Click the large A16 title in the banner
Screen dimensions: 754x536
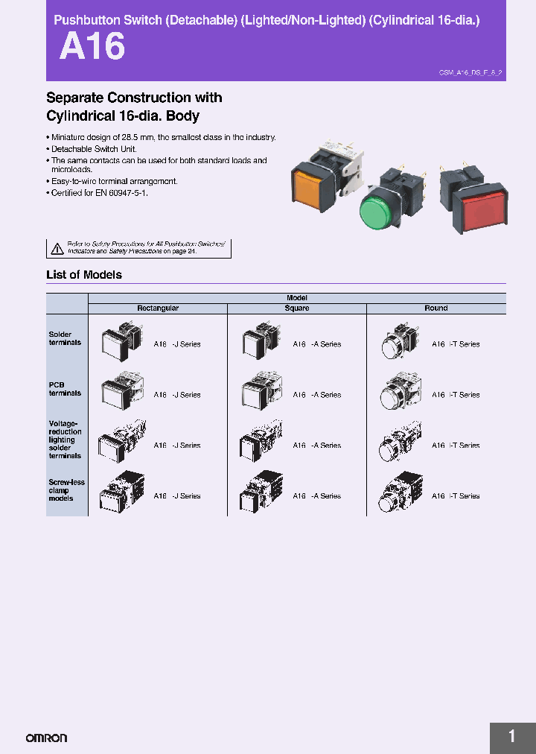[x=92, y=47]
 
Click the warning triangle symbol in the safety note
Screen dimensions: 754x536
[x=57, y=249]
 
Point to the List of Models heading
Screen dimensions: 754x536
[x=84, y=275]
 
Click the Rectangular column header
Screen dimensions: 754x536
[x=158, y=308]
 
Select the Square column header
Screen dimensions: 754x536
[x=296, y=308]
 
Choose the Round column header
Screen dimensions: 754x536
[x=436, y=308]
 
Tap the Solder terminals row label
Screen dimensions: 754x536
[x=65, y=339]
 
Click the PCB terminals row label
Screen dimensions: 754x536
[x=65, y=389]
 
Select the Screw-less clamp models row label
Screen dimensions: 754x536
[x=66, y=490]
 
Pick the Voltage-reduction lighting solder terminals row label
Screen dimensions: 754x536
[x=66, y=440]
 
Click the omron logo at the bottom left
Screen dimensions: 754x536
[x=46, y=738]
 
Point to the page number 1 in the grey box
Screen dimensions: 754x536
[x=512, y=737]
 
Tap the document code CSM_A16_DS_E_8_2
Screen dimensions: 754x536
[x=471, y=73]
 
